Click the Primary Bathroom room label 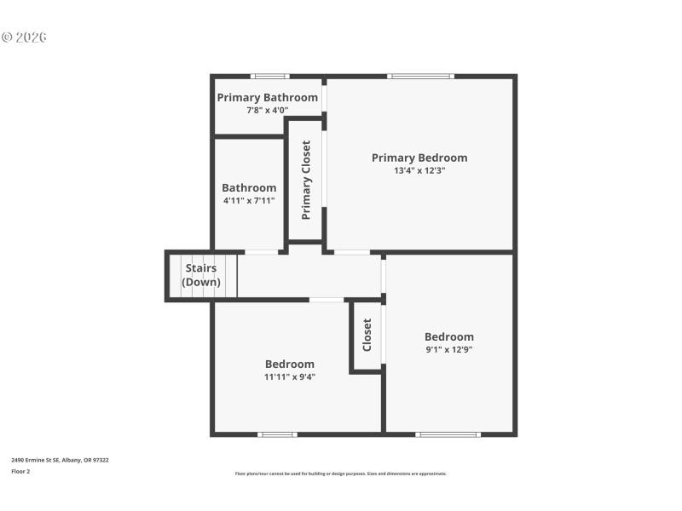point(267,97)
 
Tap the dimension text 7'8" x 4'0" point(267,110)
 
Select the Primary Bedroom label point(419,158)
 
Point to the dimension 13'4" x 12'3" point(419,170)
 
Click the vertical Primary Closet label point(306,180)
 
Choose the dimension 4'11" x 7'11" point(249,201)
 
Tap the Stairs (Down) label point(201,275)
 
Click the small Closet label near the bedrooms point(367,336)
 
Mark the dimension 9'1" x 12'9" point(449,349)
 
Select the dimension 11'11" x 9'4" point(290,376)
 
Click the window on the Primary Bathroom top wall point(269,77)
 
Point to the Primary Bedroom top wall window point(419,77)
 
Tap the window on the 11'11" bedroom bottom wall point(278,434)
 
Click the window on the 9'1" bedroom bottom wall point(448,434)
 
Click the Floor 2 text point(20,471)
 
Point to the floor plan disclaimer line point(340,474)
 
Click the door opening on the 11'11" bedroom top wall point(327,300)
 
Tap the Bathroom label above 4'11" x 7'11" point(249,188)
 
